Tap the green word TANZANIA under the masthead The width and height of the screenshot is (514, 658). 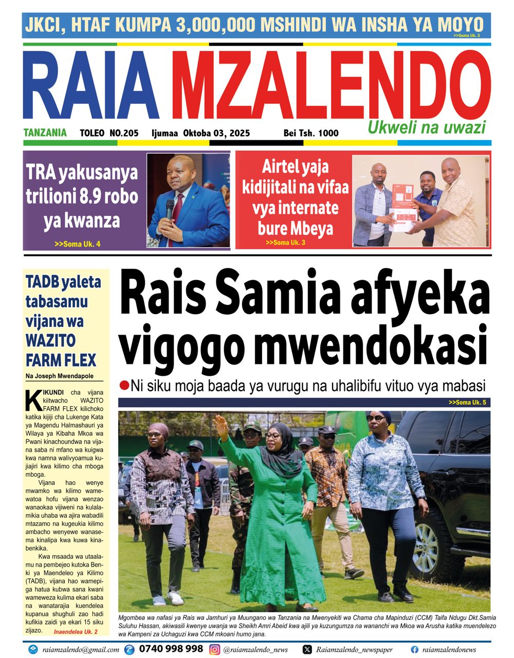[x=45, y=133]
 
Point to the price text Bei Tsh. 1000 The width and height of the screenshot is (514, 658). [x=311, y=133]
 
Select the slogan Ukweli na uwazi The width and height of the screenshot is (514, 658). [x=426, y=127]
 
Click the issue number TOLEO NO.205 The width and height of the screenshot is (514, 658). [x=109, y=133]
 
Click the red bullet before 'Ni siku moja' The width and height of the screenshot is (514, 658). [x=123, y=385]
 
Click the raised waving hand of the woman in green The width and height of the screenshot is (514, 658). [x=221, y=427]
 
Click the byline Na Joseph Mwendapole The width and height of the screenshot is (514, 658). [x=58, y=376]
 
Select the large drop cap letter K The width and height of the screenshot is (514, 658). [x=33, y=400]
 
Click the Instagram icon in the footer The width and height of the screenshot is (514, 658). [x=215, y=649]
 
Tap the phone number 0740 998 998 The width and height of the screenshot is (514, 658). [x=171, y=649]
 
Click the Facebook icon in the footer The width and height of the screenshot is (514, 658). [x=414, y=649]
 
